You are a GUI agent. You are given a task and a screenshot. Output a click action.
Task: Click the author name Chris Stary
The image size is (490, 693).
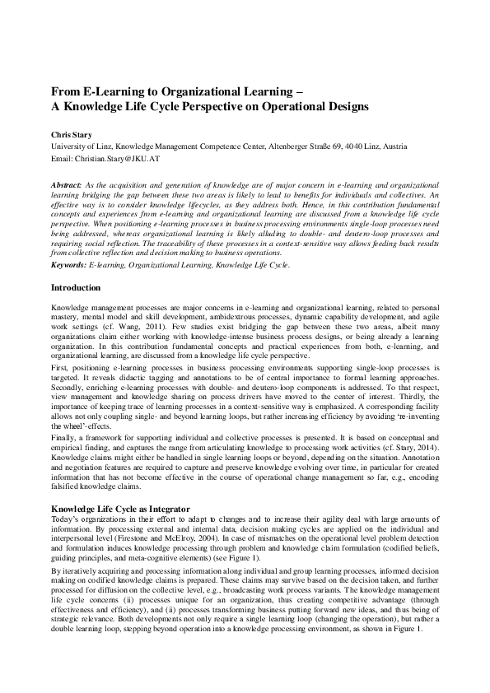pos(72,133)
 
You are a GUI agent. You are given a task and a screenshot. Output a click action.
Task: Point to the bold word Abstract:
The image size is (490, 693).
pos(66,187)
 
